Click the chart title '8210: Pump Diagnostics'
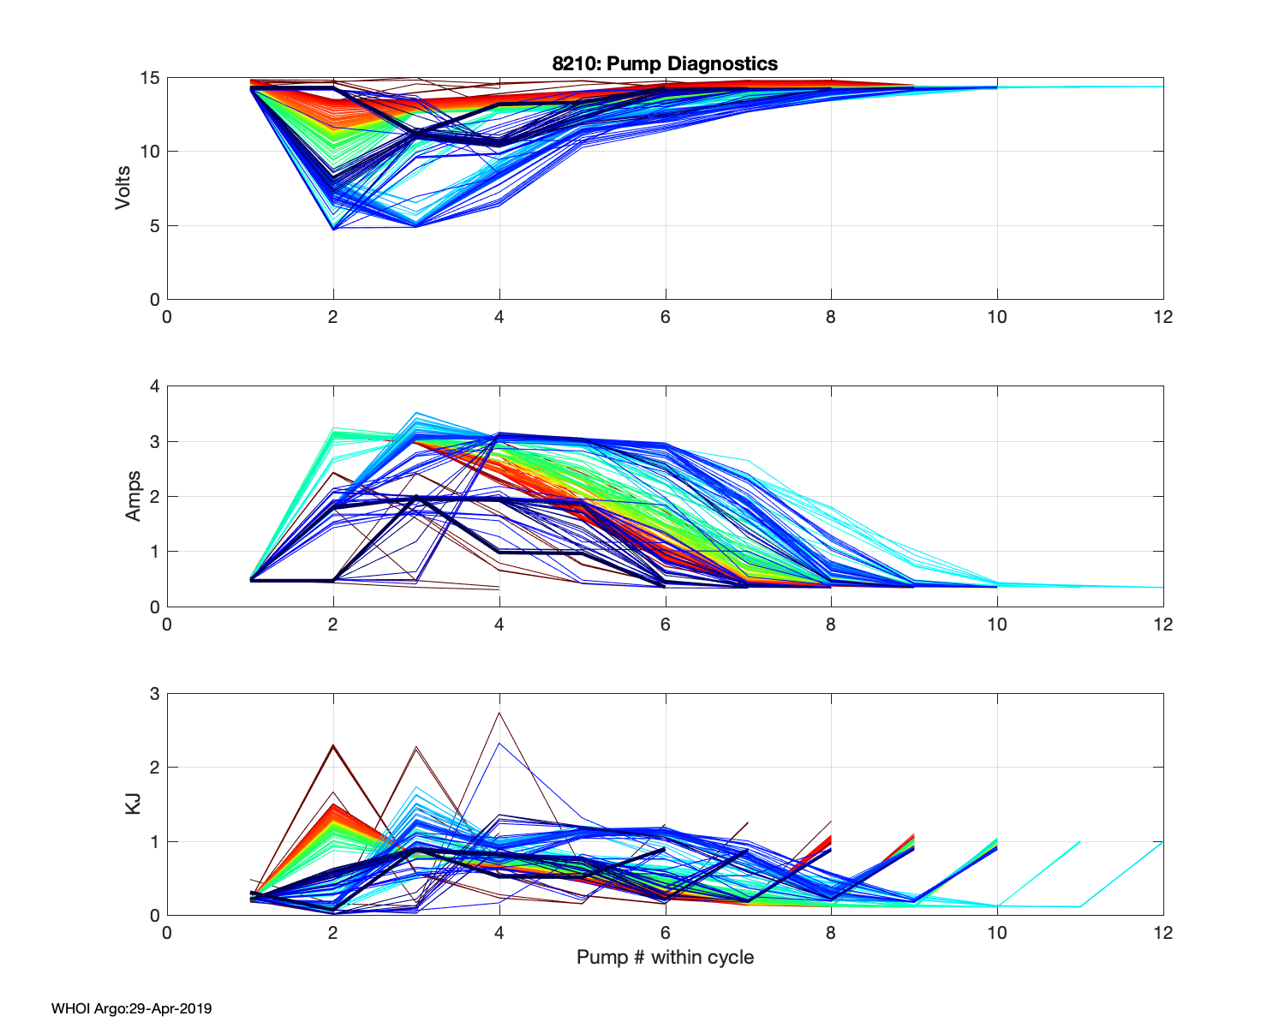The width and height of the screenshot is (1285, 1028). pos(665,63)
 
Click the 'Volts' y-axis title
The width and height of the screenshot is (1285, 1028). pos(123,188)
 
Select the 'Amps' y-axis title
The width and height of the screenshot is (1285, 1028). pos(134,496)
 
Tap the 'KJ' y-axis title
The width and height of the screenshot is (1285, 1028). pos(134,804)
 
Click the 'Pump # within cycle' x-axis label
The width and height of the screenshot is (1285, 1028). pos(665,957)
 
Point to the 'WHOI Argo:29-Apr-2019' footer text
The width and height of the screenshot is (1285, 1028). pos(131,1008)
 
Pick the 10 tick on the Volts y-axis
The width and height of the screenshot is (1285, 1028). pos(149,152)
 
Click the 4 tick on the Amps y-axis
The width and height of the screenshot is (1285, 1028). pos(154,386)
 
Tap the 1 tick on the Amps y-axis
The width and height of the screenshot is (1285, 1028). pos(154,552)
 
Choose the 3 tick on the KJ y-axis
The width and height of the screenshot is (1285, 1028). pos(154,694)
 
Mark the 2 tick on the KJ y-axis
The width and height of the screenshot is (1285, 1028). pos(154,768)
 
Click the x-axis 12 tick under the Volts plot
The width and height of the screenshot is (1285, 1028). pos(1162,317)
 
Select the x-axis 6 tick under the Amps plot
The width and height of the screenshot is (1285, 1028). pos(665,625)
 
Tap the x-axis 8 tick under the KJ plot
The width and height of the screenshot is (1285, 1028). pos(831,932)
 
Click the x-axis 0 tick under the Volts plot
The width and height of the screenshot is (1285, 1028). pos(167,317)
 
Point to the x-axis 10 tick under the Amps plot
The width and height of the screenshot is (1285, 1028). pos(996,625)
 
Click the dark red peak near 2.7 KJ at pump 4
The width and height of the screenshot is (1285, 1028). pos(499,713)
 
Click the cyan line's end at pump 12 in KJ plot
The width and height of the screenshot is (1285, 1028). pos(1162,843)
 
